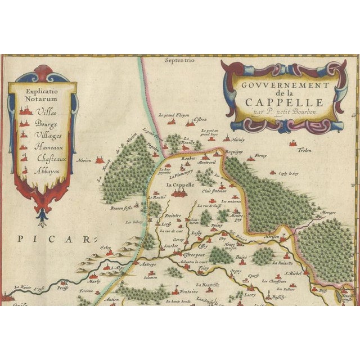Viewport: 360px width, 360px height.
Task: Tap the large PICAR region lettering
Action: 53,239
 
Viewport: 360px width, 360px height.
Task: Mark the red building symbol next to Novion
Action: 100,160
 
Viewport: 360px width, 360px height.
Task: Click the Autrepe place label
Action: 148,264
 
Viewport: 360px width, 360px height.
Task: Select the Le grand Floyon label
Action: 173,115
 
